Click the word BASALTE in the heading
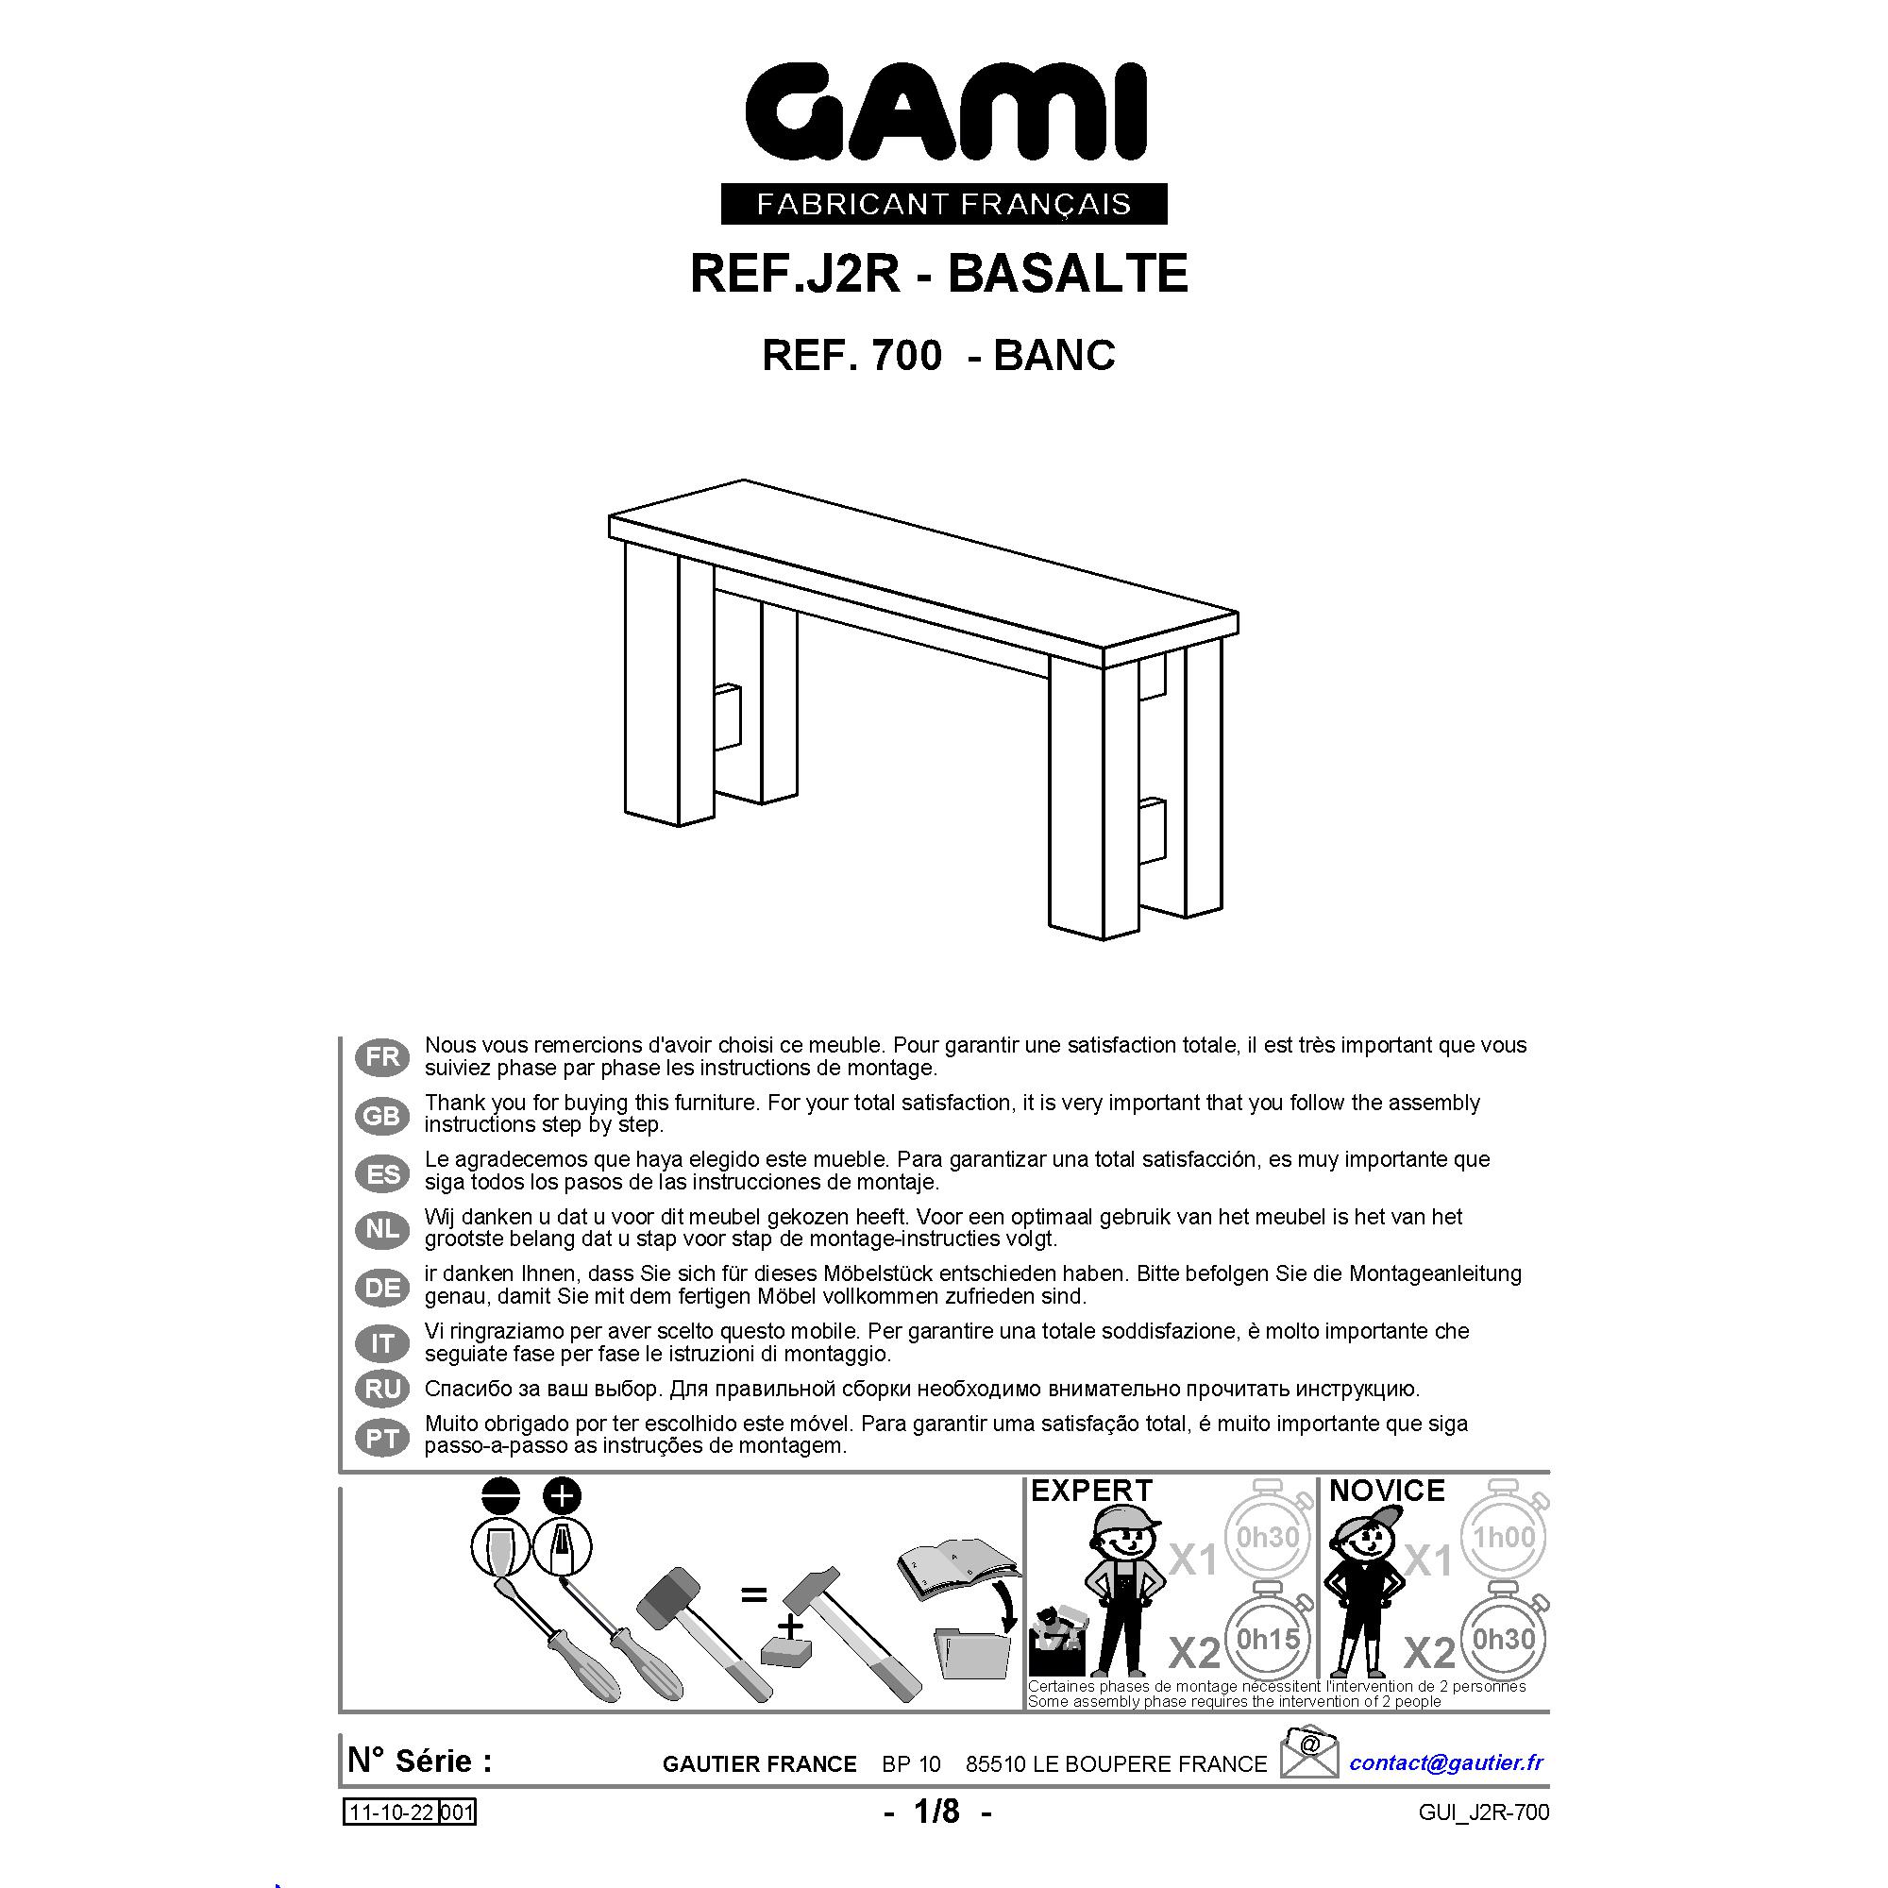(x=1067, y=274)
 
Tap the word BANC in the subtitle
(x=1054, y=355)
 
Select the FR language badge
(x=382, y=1056)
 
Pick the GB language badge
(x=382, y=1115)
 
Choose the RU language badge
(x=382, y=1389)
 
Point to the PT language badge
(x=382, y=1438)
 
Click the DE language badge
(x=382, y=1287)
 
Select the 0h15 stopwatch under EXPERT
(x=1268, y=1639)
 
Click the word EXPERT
(x=1091, y=1491)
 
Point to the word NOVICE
(x=1387, y=1491)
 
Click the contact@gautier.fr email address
(x=1446, y=1762)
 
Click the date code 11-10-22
(x=392, y=1812)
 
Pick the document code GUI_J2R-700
(x=1483, y=1812)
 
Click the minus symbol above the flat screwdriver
(x=500, y=1496)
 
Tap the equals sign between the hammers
(x=753, y=1595)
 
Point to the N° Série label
(x=420, y=1761)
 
